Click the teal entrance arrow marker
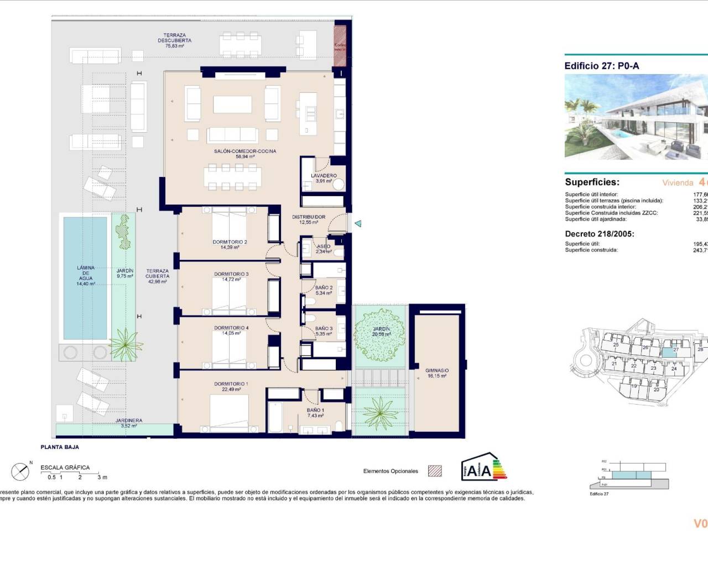pos(358,223)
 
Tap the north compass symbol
pos(20,471)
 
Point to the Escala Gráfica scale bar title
pos(65,468)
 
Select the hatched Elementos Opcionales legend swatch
pos(435,471)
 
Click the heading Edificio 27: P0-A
pos(601,66)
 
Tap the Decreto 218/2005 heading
pos(599,234)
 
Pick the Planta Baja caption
pos(60,447)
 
